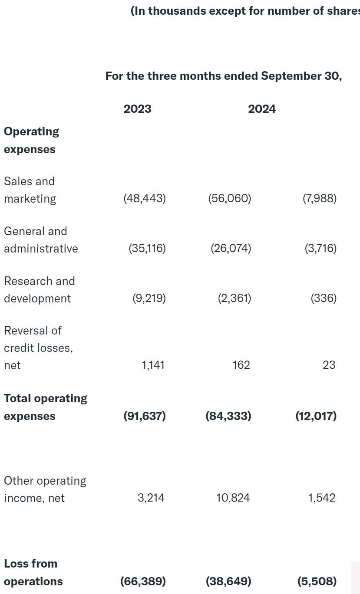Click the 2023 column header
tap(137, 109)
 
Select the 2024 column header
tap(262, 109)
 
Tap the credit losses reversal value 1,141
tap(153, 365)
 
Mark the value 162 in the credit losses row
tap(241, 365)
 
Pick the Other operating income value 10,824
tap(233, 498)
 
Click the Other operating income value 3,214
tap(151, 498)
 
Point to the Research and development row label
tap(39, 289)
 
